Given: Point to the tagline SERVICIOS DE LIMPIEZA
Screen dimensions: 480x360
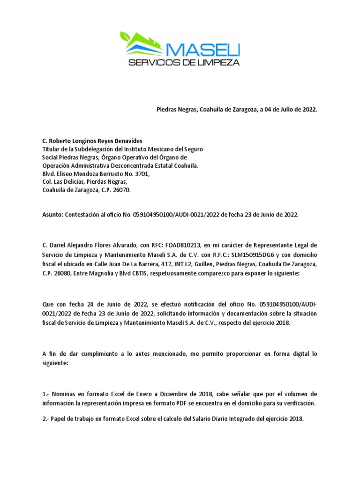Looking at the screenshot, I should coord(184,62).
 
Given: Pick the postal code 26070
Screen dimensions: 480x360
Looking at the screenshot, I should coord(122,191).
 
